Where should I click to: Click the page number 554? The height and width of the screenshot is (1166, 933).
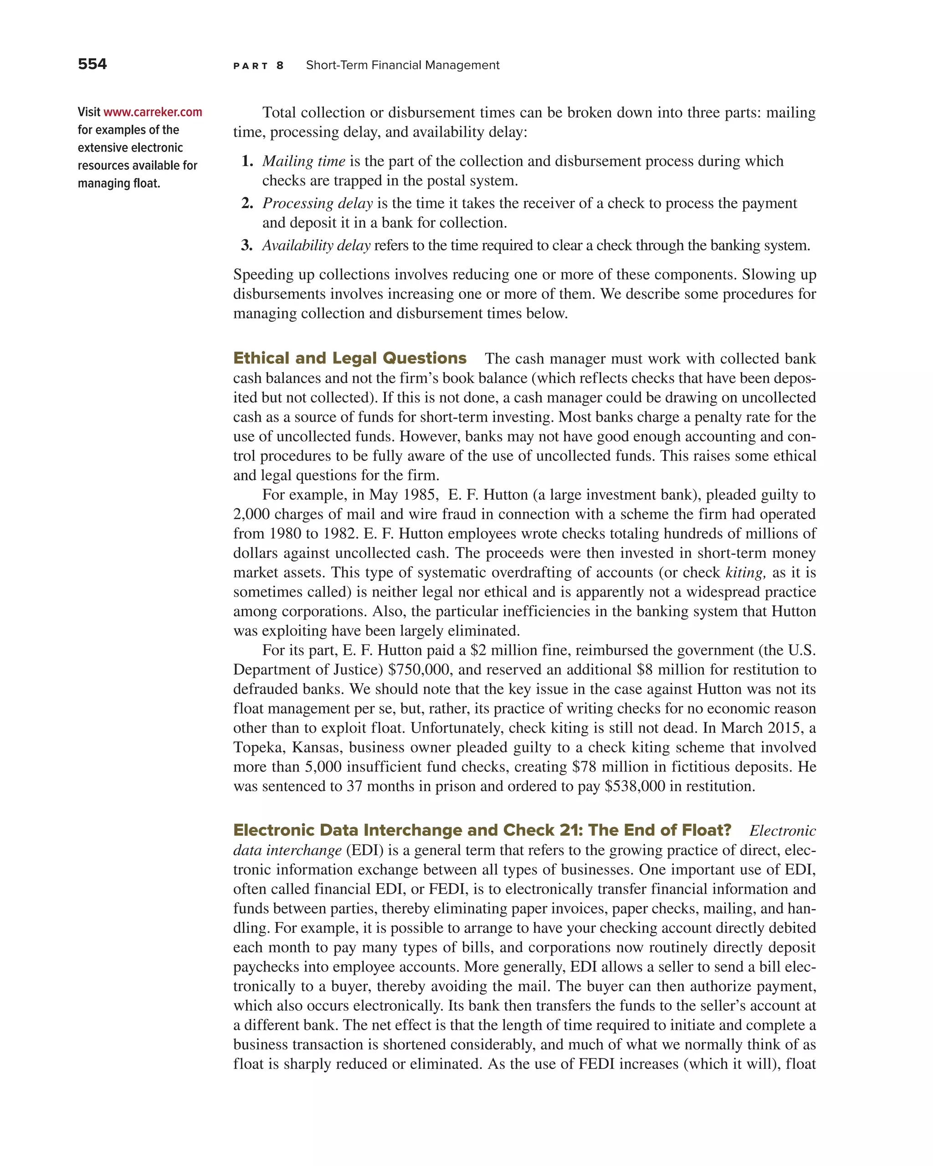[x=92, y=64]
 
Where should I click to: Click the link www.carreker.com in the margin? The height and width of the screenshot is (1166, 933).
[x=153, y=112]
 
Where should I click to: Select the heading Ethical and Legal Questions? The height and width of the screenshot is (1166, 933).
[x=349, y=358]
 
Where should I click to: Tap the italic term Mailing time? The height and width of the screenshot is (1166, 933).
[x=303, y=161]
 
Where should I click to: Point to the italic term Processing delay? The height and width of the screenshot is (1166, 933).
[x=318, y=203]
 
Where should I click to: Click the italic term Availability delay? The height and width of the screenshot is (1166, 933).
[x=317, y=245]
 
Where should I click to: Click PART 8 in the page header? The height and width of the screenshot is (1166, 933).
[x=258, y=66]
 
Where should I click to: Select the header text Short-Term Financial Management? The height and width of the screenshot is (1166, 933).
[x=402, y=66]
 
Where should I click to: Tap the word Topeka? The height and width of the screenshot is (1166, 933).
[x=258, y=747]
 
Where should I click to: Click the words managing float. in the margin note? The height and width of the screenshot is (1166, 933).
[x=119, y=184]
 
